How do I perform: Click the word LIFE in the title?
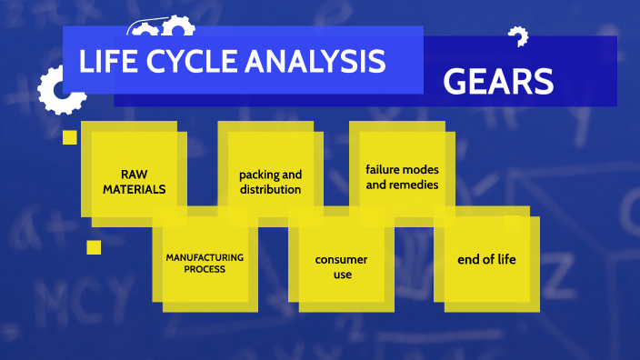[x=107, y=62]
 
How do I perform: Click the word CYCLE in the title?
[x=185, y=62]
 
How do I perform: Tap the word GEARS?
[x=498, y=83]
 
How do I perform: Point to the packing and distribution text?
[x=270, y=182]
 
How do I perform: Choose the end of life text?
[x=486, y=260]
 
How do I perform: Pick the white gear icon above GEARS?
[x=518, y=37]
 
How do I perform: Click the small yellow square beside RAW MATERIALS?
[x=69, y=138]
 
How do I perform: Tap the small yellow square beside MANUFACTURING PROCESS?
[x=94, y=247]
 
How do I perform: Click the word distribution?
[x=270, y=189]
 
